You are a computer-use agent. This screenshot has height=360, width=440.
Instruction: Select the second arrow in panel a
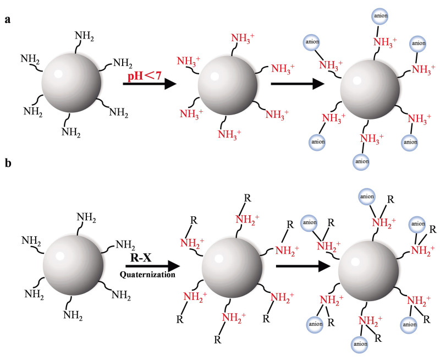point(298,84)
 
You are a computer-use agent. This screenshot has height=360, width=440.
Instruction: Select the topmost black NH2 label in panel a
point(84,37)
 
